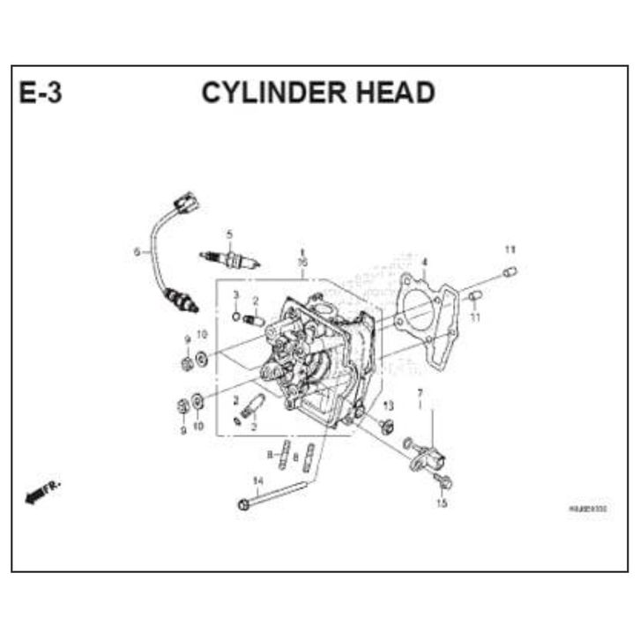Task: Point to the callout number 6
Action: point(137,252)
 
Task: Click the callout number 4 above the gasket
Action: point(424,262)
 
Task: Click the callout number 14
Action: point(257,480)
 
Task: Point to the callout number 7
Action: point(420,393)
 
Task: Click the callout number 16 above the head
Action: point(302,263)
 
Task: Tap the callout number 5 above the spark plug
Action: point(228,234)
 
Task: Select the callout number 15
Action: point(442,503)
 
